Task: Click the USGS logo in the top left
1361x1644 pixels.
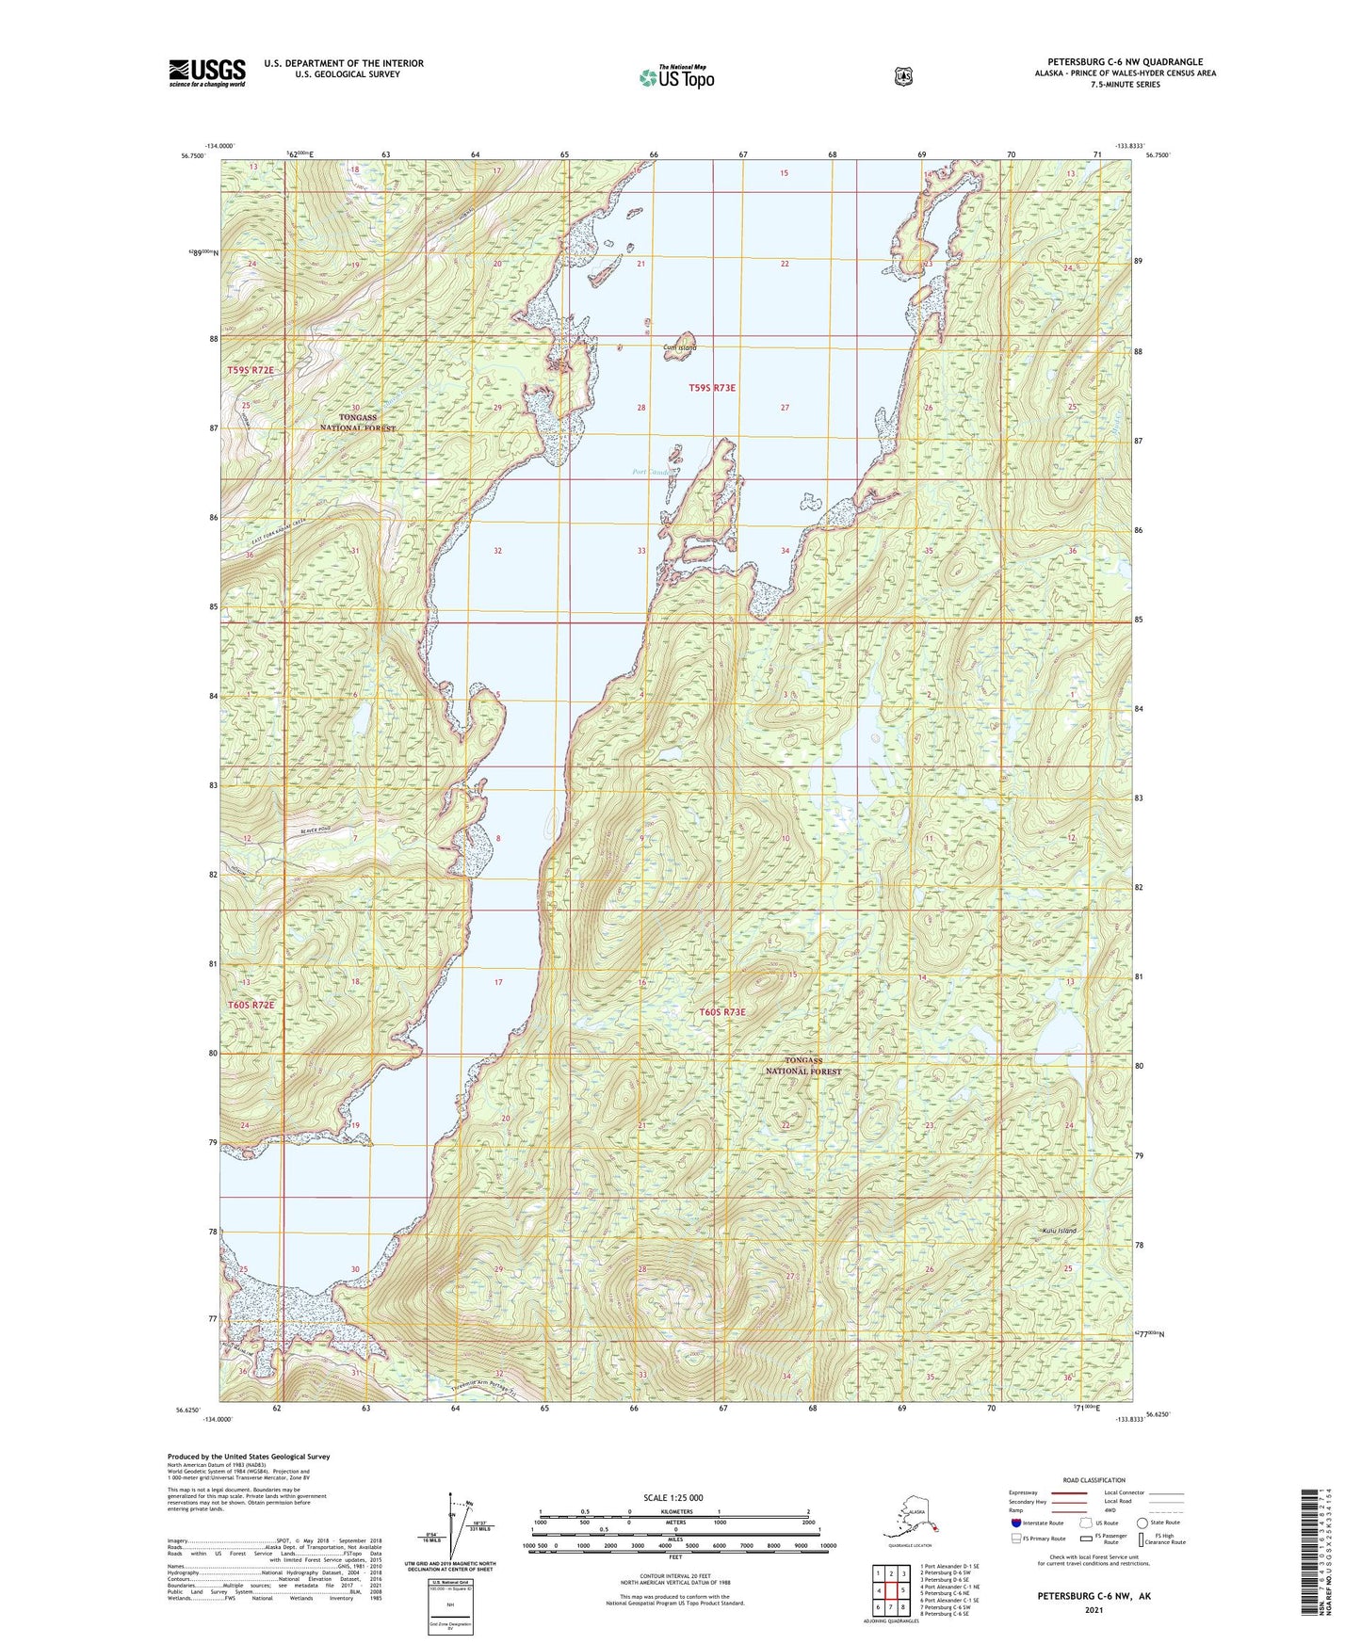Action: click(x=207, y=73)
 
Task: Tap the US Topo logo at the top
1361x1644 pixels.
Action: click(x=676, y=77)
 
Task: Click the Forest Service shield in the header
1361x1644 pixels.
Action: click(x=902, y=76)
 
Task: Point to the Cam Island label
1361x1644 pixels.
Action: click(x=679, y=348)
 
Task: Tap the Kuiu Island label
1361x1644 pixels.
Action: click(x=1059, y=1231)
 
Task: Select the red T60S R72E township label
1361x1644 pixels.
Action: click(x=251, y=1005)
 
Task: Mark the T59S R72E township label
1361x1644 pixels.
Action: click(x=250, y=370)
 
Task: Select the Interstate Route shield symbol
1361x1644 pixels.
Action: click(x=1014, y=1523)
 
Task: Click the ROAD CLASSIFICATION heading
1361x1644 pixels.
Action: click(x=1093, y=1480)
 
